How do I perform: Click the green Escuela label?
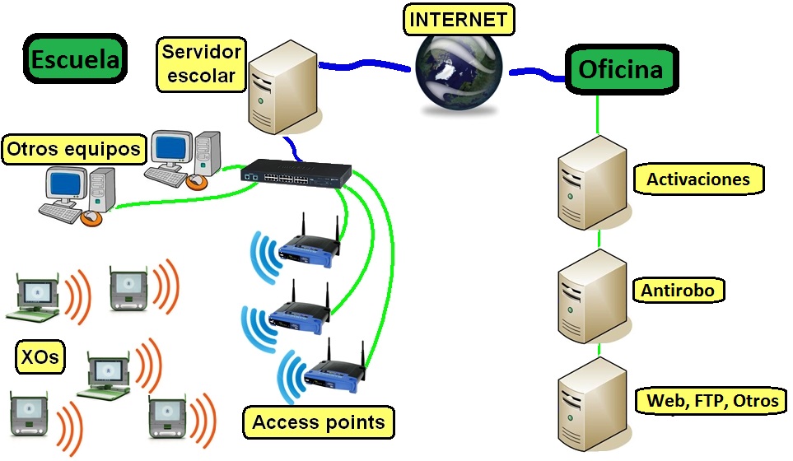(75, 59)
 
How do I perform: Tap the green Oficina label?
(620, 69)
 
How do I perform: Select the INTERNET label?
(459, 19)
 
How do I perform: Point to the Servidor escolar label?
(202, 65)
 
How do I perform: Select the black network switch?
(296, 171)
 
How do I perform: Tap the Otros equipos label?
(74, 150)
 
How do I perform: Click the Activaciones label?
(698, 179)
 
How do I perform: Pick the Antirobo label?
(679, 290)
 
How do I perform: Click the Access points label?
(318, 422)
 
